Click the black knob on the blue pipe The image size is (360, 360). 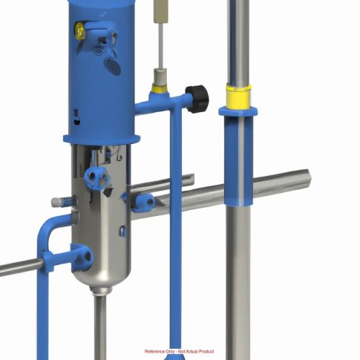click(197, 99)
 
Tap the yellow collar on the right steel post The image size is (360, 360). click(238, 96)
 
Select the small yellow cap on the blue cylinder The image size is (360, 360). click(79, 31)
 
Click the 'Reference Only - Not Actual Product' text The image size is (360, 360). click(179, 351)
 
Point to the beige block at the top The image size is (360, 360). click(159, 12)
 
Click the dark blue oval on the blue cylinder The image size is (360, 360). click(113, 66)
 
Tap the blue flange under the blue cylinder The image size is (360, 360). click(102, 140)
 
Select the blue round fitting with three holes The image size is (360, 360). click(96, 178)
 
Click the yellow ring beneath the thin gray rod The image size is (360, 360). click(159, 89)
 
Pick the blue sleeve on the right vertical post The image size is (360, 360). click(238, 157)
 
